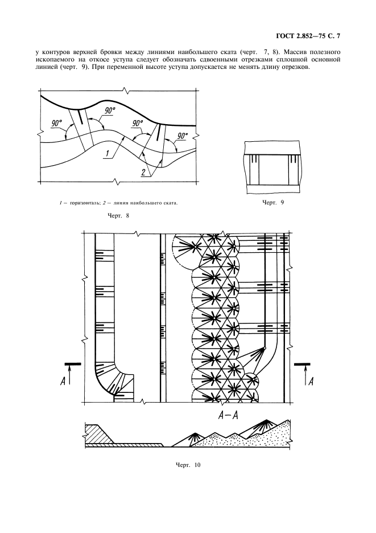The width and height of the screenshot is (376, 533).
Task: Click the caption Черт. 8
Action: click(x=118, y=215)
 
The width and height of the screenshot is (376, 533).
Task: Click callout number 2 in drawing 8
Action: click(x=144, y=172)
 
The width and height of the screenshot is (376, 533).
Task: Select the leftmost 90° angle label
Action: click(x=57, y=124)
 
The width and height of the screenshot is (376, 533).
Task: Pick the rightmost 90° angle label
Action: click(x=182, y=136)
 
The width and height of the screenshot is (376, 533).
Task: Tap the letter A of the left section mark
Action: click(x=63, y=382)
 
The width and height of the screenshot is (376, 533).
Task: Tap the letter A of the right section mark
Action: click(x=310, y=382)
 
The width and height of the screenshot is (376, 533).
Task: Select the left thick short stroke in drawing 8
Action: click(x=80, y=117)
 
